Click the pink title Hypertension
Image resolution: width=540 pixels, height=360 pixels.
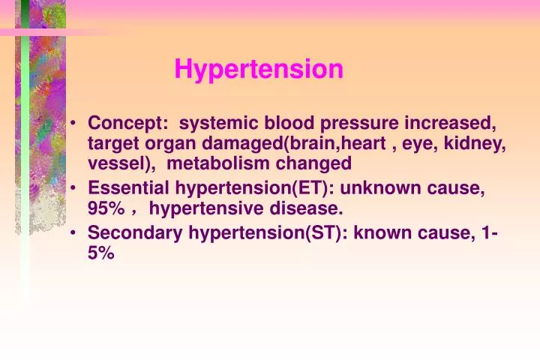click(x=259, y=70)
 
